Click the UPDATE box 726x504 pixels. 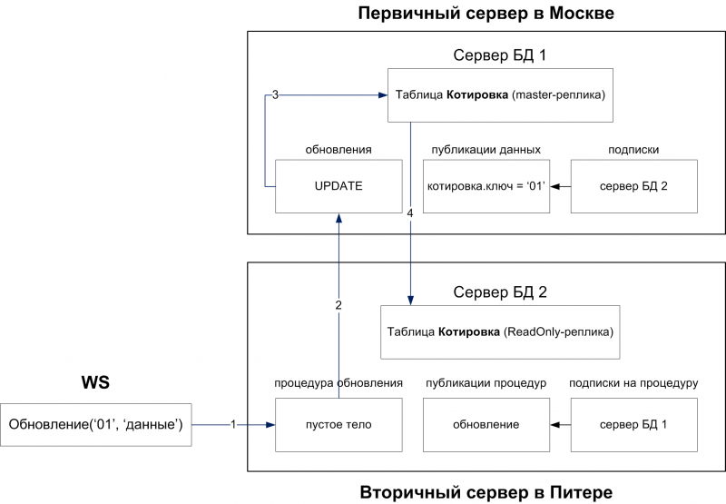(x=338, y=186)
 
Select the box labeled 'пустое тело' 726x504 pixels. (x=338, y=424)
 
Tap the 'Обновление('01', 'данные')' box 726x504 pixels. (x=96, y=424)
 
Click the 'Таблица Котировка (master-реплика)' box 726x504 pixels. (x=500, y=94)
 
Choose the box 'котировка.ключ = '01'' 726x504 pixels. (x=486, y=186)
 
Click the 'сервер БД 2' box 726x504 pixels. (x=634, y=186)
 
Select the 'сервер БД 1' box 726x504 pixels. (x=634, y=424)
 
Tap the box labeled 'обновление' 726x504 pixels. (x=486, y=424)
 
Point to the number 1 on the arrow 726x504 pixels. (x=233, y=424)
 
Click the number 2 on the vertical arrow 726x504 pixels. (x=338, y=305)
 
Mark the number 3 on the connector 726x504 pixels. (x=275, y=94)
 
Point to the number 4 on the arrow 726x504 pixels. (x=411, y=212)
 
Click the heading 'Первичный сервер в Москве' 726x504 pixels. (x=486, y=14)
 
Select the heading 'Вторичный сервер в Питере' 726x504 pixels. (x=486, y=492)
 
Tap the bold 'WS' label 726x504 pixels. (x=95, y=382)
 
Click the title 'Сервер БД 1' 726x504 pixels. (x=498, y=55)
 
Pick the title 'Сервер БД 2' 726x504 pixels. (x=498, y=292)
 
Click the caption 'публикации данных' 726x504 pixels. (x=486, y=149)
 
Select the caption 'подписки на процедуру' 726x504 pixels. (x=633, y=383)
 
